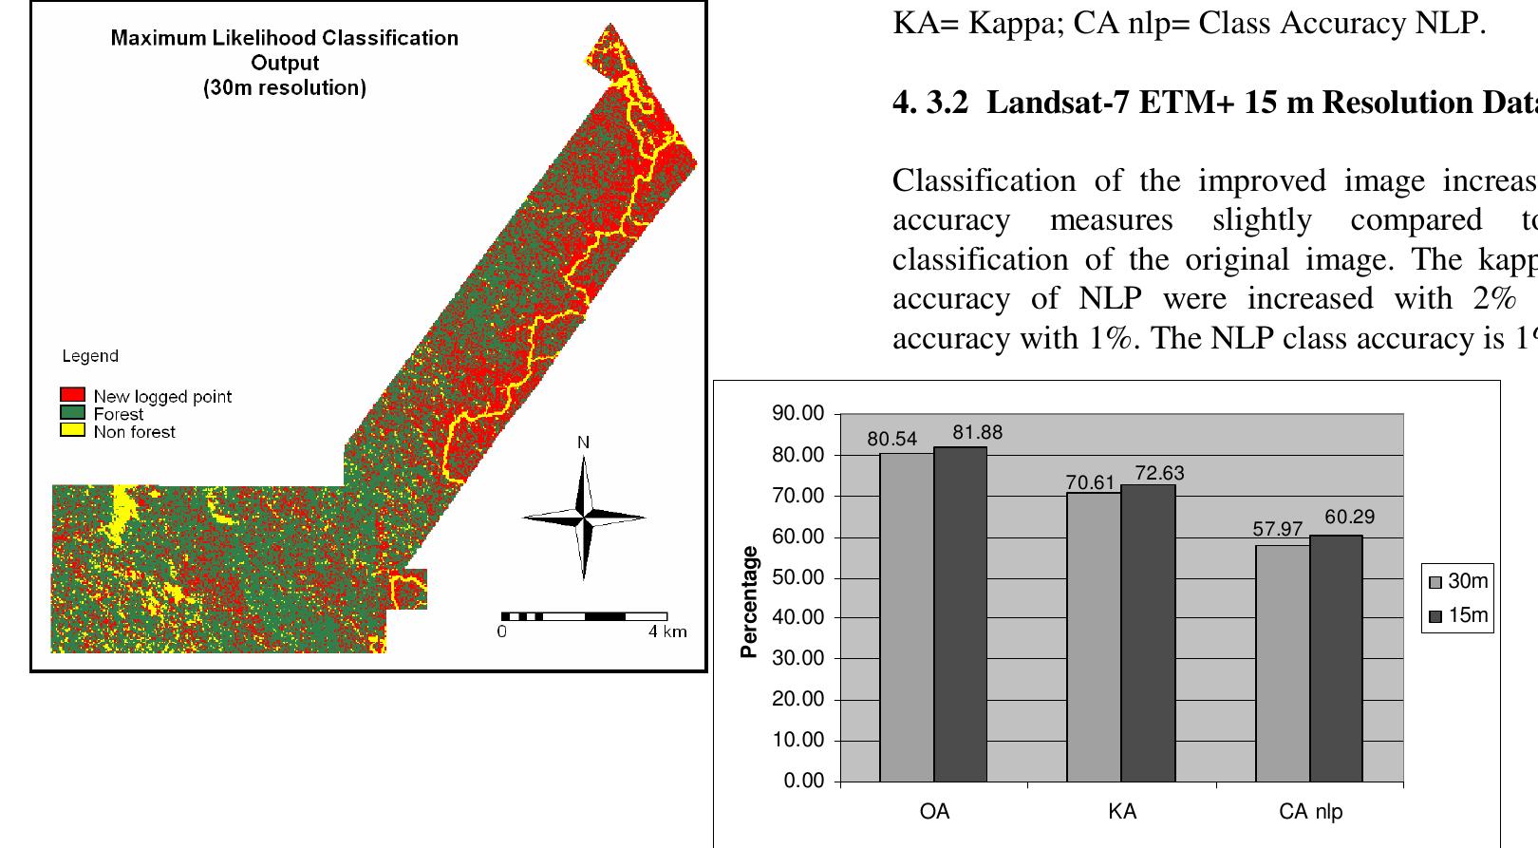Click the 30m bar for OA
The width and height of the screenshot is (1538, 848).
907,617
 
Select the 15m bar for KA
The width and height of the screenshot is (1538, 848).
1148,633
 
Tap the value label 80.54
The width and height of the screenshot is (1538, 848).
892,440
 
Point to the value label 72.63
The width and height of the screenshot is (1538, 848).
1160,473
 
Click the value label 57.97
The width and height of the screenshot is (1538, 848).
1278,529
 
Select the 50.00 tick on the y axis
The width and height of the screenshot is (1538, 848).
798,577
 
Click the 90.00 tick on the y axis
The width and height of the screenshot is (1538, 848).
798,414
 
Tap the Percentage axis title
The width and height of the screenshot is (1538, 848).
750,601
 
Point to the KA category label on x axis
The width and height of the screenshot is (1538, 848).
1122,812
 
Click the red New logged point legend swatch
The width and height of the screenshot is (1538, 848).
73,395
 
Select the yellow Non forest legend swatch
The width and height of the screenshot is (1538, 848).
73,430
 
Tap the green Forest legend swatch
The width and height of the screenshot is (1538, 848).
73,413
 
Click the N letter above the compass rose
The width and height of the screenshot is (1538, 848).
583,443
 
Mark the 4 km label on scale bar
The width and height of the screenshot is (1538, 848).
667,631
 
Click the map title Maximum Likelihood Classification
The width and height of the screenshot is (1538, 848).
284,38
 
